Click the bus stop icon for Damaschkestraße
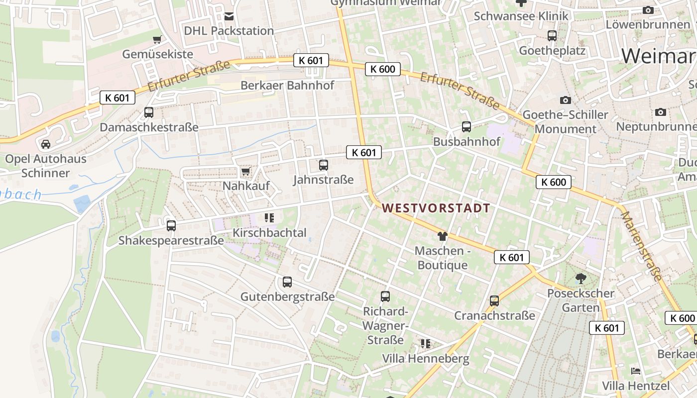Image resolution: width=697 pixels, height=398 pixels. click(149, 112)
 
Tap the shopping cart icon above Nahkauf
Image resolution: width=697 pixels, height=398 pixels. click(245, 172)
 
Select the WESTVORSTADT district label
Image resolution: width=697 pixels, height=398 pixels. click(436, 208)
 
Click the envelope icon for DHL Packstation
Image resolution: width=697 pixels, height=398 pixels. click(229, 16)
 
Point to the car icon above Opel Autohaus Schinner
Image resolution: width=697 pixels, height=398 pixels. click(46, 144)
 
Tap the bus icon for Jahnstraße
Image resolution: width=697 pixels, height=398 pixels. click(324, 165)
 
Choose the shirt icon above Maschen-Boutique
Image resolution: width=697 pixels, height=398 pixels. click(442, 236)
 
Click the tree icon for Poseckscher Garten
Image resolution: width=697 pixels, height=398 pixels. click(581, 279)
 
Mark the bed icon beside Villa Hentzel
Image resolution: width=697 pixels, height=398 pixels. click(635, 371)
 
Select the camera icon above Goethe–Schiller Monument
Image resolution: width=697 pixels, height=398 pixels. click(565, 100)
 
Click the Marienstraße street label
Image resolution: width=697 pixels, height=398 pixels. click(642, 246)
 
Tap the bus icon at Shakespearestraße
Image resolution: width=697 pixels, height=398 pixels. click(171, 226)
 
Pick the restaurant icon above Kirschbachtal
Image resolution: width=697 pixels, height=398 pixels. click(269, 217)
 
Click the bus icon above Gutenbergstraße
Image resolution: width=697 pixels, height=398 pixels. click(287, 282)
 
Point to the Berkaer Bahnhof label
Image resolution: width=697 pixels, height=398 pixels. click(287, 85)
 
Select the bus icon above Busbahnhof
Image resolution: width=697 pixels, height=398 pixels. click(466, 127)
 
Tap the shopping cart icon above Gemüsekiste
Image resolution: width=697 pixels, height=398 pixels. click(157, 39)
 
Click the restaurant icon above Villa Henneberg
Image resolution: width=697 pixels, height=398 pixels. click(425, 343)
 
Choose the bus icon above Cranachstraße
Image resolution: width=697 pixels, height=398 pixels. click(494, 301)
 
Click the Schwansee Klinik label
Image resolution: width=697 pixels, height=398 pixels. click(521, 16)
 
